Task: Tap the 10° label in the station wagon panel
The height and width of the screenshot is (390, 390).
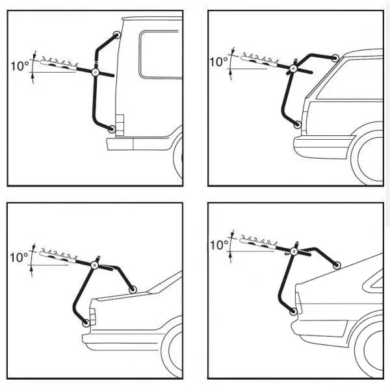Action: point(218,62)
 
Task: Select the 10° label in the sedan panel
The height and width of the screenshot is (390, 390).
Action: point(19,257)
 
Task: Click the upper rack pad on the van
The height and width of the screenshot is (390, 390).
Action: point(116,35)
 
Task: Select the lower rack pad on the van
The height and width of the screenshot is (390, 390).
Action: point(112,129)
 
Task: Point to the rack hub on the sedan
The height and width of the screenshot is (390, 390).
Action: point(97,265)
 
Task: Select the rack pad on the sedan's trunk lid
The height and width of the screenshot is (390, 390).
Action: point(133,289)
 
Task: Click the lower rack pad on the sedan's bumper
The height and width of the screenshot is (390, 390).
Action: point(86,321)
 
